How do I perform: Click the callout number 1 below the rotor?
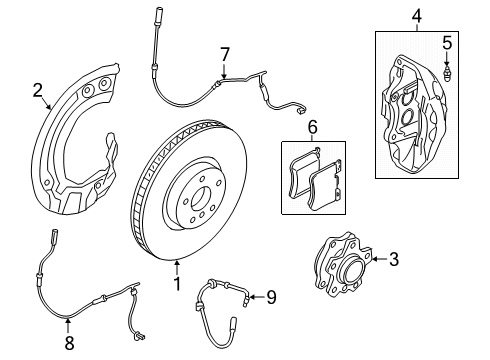click(178, 284)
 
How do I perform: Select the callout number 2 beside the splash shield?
click(38, 92)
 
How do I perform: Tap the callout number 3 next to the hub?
click(393, 261)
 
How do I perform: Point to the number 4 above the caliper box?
click(417, 15)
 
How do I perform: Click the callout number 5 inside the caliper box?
click(448, 43)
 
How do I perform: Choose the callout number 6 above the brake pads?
click(312, 127)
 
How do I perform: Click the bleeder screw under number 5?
click(448, 72)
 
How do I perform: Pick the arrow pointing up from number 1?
click(178, 267)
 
